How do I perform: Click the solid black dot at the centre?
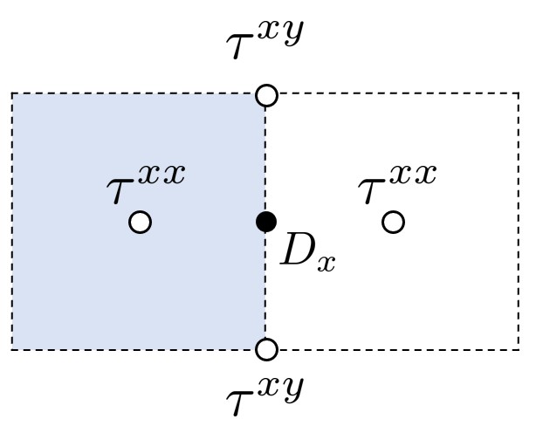pyautogui.click(x=266, y=222)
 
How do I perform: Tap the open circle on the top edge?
pyautogui.click(x=267, y=95)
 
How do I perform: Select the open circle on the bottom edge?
pyautogui.click(x=267, y=350)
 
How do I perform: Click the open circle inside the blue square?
pyautogui.click(x=140, y=223)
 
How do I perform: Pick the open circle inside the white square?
pyautogui.click(x=394, y=223)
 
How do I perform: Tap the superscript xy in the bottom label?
pyautogui.click(x=282, y=388)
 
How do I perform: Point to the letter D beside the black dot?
pyautogui.click(x=296, y=251)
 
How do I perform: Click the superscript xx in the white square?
pyautogui.click(x=413, y=175)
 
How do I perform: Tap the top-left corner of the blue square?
pyautogui.click(x=12, y=93)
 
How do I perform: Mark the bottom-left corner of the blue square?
pyautogui.click(x=12, y=350)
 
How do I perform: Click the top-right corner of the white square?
pyautogui.click(x=519, y=93)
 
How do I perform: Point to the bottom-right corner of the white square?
pyautogui.click(x=519, y=350)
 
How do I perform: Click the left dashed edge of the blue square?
pyautogui.click(x=12, y=222)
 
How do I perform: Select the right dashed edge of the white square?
pyautogui.click(x=519, y=222)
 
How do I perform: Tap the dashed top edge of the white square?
pyautogui.click(x=393, y=93)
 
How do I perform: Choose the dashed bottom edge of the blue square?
pyautogui.click(x=140, y=350)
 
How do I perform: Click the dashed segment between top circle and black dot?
pyautogui.click(x=266, y=157)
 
